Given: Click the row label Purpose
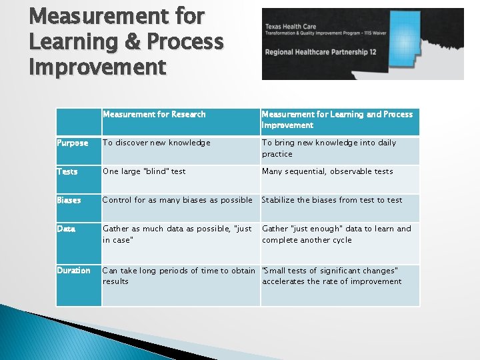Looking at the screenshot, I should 73,143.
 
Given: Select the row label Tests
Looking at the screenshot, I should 67,171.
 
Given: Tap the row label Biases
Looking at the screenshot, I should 69,200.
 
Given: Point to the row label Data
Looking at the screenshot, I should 66,229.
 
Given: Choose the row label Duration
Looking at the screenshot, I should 73,270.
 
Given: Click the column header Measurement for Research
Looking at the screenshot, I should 154,114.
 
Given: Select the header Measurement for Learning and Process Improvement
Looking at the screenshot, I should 337,119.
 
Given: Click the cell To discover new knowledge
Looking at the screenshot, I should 156,143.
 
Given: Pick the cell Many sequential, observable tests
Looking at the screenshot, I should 327,171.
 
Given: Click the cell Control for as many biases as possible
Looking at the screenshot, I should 177,200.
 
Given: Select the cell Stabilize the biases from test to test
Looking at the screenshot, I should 332,200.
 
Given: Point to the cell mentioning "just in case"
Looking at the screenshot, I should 177,234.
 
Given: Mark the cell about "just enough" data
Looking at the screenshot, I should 336,234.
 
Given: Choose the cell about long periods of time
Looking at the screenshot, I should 179,275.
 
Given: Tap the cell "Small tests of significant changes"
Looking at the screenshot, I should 331,275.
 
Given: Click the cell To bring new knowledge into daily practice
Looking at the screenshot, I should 329,148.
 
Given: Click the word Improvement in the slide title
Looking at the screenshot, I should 97,67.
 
